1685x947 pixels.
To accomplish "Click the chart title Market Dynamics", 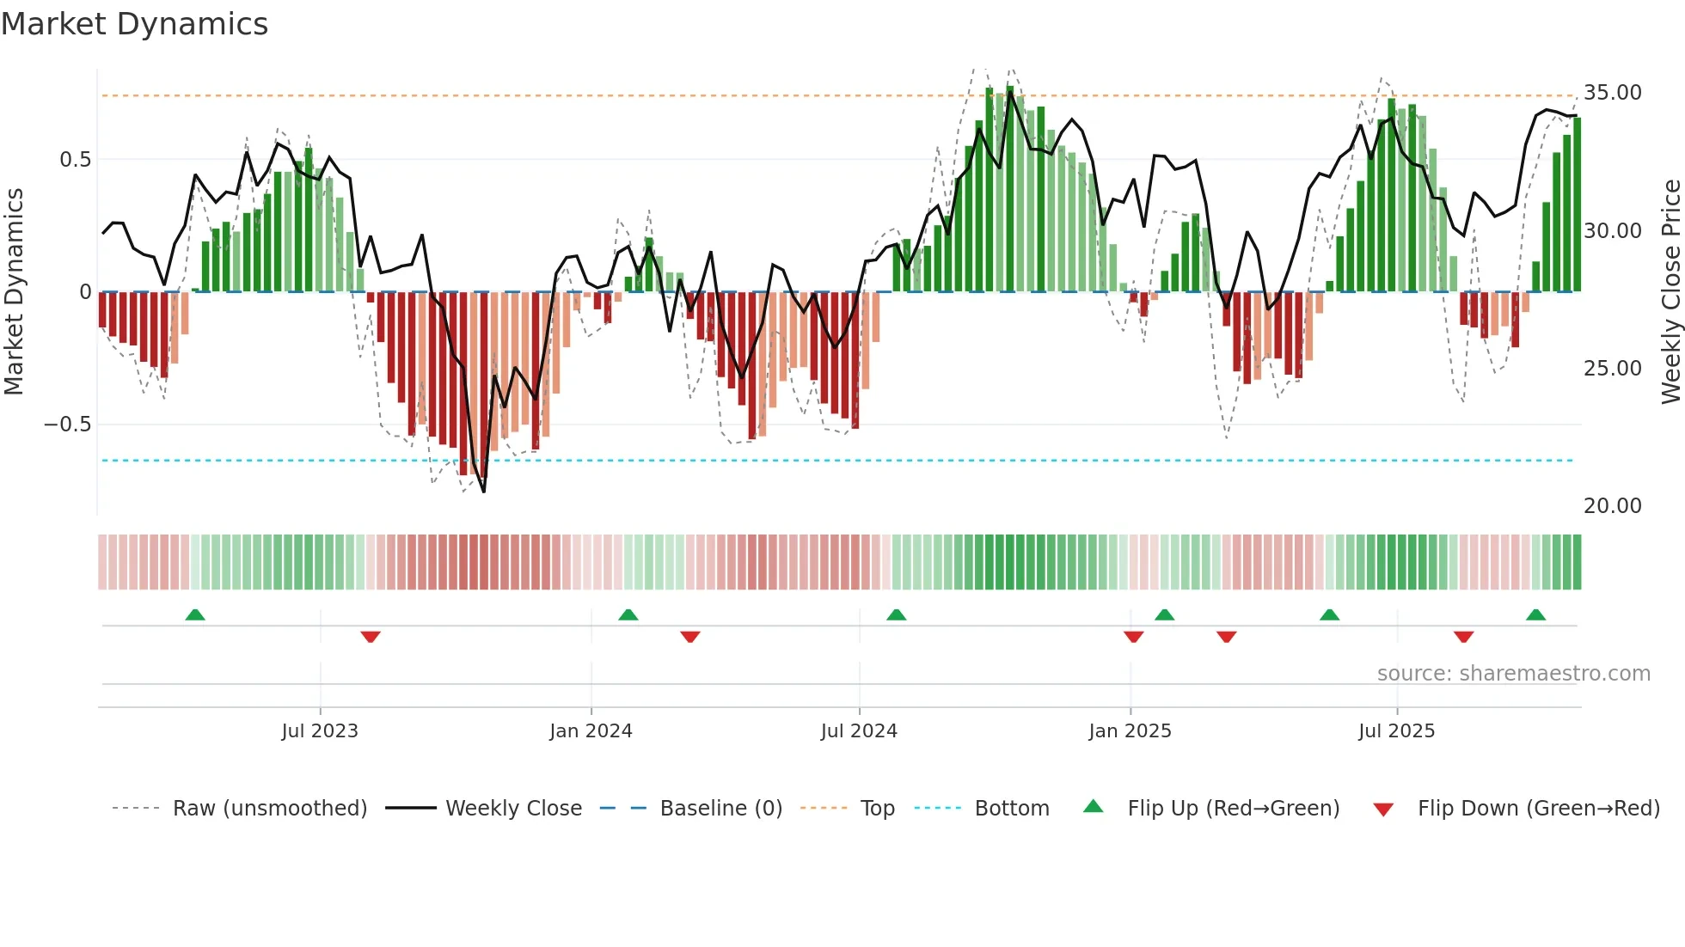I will tap(134, 24).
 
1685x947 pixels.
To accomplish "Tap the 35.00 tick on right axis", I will tap(1612, 93).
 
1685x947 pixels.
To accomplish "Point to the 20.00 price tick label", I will tap(1612, 506).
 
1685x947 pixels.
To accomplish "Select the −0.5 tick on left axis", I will tap(67, 425).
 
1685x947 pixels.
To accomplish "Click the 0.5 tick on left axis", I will tap(75, 160).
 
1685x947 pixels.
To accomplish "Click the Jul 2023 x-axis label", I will tap(320, 731).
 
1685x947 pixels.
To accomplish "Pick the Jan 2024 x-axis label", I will tap(591, 731).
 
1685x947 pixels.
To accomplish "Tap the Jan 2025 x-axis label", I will tap(1130, 731).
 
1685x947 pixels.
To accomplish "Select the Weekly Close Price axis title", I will tap(1670, 292).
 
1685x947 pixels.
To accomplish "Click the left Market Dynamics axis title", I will tap(14, 292).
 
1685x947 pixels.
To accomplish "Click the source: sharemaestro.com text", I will tap(1513, 674).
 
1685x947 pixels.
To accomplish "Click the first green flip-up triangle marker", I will tap(195, 615).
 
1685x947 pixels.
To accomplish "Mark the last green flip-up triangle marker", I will tap(1535, 615).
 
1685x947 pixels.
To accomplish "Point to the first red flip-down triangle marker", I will tap(371, 637).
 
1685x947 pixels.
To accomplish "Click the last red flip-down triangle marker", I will tap(1463, 637).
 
